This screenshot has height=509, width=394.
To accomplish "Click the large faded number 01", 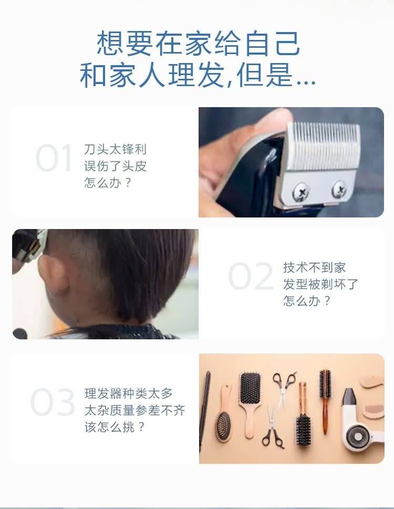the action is tap(53, 158).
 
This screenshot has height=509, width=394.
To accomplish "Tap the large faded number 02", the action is tap(250, 276).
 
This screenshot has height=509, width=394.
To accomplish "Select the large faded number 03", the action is tap(53, 402).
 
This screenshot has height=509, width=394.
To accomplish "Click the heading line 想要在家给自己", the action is tap(198, 43).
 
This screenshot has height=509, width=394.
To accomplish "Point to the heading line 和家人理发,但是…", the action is tap(198, 75).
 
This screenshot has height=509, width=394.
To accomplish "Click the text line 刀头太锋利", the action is tap(115, 149).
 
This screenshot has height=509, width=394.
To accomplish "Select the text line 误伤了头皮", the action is tap(115, 166).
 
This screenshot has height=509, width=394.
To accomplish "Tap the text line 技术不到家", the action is tap(314, 267).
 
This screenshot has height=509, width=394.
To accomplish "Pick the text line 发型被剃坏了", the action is tap(320, 284).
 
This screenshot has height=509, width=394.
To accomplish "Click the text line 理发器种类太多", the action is tap(129, 393).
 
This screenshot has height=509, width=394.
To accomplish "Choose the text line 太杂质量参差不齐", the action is tap(134, 410).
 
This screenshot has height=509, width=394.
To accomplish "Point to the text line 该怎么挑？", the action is tap(114, 427).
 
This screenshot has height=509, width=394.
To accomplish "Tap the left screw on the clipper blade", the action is tap(301, 192).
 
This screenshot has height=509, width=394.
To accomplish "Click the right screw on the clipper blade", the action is tap(339, 189).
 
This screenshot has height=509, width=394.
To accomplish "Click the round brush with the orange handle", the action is tap(325, 401).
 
